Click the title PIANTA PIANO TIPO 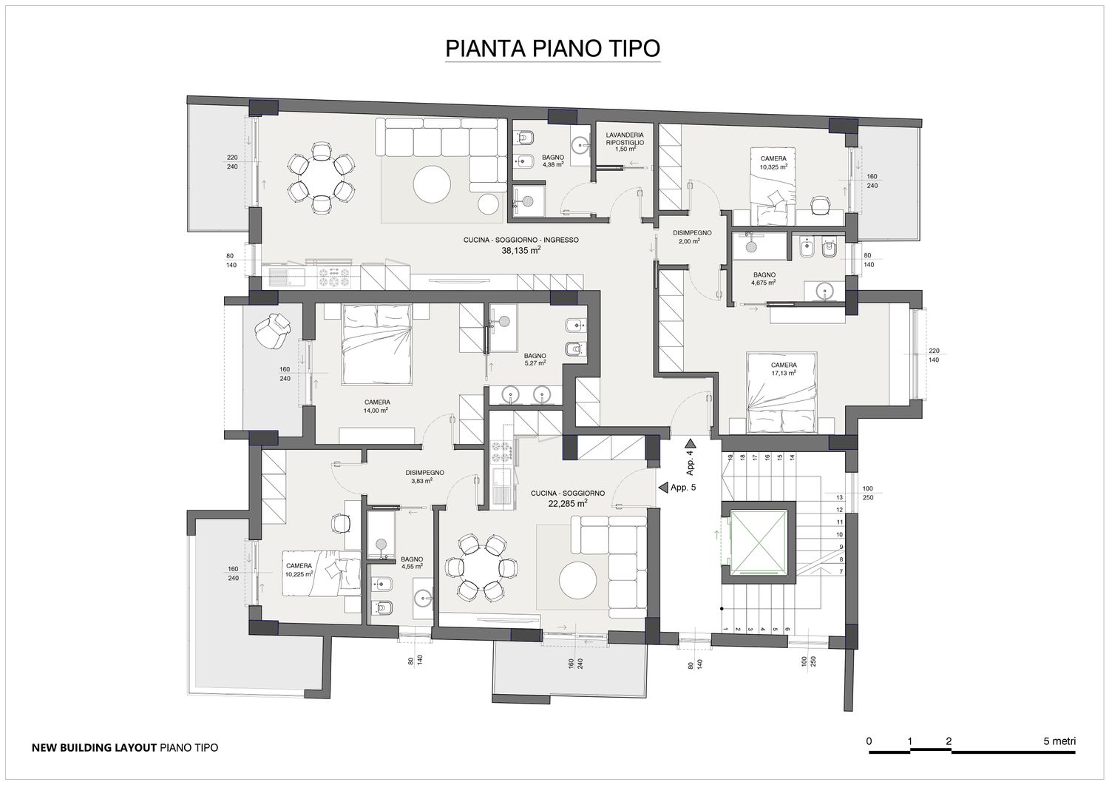pos(552,48)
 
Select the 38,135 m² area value pos(520,250)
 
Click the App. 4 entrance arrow pos(691,443)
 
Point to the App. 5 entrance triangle pos(663,488)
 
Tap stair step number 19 pos(729,457)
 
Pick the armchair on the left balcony pos(272,330)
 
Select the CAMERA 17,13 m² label pos(784,368)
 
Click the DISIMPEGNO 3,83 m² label pos(424,476)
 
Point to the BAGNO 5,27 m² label pos(535,359)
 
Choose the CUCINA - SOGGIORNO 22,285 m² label pos(567,498)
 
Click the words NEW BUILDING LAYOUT pos(94,747)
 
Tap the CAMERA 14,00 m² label pos(377,406)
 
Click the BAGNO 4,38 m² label pos(552,161)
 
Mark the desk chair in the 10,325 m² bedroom pos(821,205)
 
